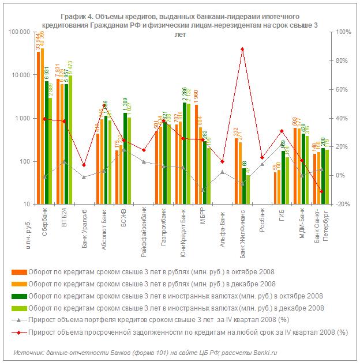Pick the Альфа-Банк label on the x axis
click(x=223, y=224)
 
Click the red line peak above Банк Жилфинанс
click(x=242, y=49)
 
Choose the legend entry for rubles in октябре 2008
click(x=142, y=272)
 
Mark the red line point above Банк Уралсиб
click(x=84, y=165)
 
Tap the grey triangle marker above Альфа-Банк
click(x=223, y=172)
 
